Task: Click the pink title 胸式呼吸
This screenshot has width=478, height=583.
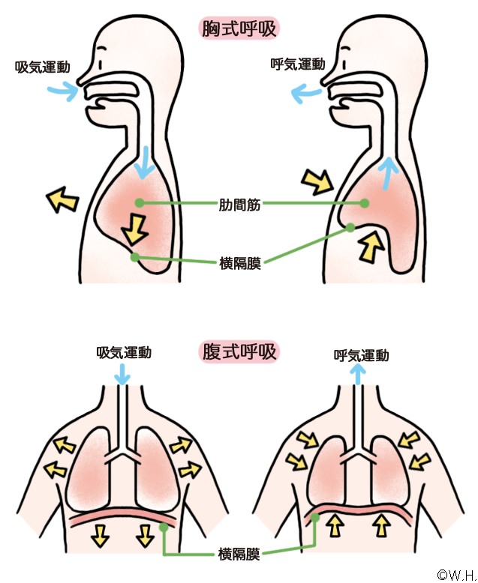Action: pos(239,28)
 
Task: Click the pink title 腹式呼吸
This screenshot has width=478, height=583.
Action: pos(239,351)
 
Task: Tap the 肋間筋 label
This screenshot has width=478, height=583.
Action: pos(239,205)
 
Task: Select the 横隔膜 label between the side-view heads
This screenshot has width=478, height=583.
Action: pos(240,263)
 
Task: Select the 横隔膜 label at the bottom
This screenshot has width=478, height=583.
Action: pos(239,554)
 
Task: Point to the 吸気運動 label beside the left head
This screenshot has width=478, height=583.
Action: pos(43,67)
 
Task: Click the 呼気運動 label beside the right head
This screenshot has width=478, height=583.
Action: pos(298,64)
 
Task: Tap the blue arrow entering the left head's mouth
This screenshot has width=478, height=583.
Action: pos(63,91)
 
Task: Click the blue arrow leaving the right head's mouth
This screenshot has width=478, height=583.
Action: pos(306,93)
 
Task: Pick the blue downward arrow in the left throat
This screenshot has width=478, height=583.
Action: pos(144,163)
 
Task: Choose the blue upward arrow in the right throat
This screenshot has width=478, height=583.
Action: pos(388,173)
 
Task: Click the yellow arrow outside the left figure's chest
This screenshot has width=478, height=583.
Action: pos(62,199)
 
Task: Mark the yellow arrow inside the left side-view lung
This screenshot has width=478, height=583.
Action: pos(135,229)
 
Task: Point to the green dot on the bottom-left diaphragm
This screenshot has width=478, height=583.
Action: pos(164,527)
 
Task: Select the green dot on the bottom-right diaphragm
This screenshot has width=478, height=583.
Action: pos(315,517)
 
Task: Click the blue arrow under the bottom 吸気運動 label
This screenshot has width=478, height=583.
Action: pos(122,374)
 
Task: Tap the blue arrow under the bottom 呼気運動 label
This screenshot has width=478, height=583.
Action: pos(358,375)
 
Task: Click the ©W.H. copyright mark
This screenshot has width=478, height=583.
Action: pos(457,575)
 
